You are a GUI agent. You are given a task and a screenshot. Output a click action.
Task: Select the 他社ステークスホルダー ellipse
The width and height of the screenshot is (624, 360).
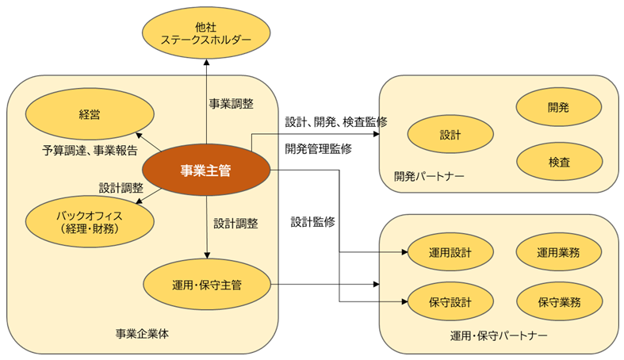coord(205,33)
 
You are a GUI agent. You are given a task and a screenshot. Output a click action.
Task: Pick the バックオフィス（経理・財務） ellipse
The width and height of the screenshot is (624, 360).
coord(77,222)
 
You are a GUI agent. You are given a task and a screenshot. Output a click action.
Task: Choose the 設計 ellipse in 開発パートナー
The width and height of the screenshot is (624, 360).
coord(450,135)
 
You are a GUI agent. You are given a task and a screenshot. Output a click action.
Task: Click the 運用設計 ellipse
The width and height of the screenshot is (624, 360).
coord(450,254)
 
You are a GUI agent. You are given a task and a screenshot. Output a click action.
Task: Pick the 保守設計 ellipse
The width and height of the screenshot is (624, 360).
coord(450,302)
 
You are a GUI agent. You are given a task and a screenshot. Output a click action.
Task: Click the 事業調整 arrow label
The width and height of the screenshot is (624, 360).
coord(232,104)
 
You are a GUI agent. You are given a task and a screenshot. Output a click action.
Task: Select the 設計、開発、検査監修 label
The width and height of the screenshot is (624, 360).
coord(336,122)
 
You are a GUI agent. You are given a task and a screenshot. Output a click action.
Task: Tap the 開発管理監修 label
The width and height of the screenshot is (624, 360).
coord(319,148)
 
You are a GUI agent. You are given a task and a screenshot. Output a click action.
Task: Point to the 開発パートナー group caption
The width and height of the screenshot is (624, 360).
coord(429,175)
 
